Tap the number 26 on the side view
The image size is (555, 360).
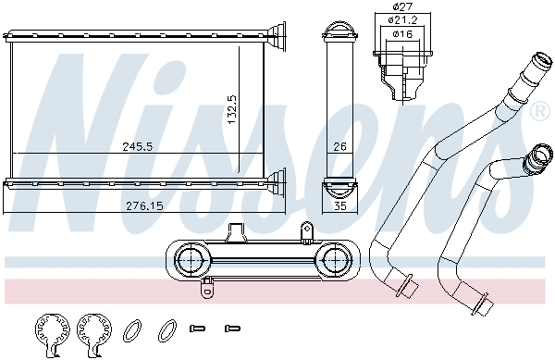pyautogui.click(x=339, y=145)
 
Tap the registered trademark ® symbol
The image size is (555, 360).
pyautogui.click(x=538, y=112)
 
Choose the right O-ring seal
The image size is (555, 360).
pyautogui.click(x=167, y=328)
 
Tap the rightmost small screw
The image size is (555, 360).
pyautogui.click(x=231, y=328)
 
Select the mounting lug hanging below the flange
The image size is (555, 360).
pyautogui.click(x=206, y=289)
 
